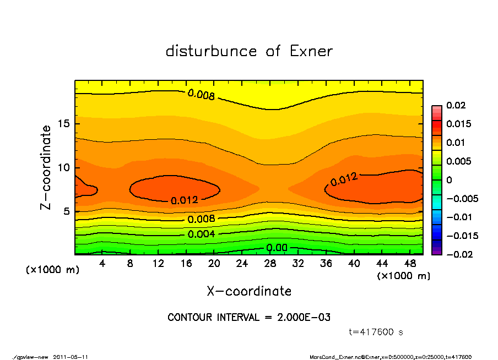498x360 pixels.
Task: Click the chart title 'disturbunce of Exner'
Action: (249, 52)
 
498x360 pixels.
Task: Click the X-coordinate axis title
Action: (249, 291)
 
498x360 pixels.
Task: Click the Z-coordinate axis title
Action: (46, 167)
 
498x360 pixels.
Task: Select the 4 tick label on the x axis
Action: (102, 264)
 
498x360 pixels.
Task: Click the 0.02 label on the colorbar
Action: (456, 105)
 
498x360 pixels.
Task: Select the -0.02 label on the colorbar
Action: (458, 254)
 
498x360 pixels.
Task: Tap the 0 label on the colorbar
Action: (449, 180)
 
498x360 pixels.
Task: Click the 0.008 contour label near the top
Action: (201, 95)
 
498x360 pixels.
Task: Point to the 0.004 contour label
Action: (201, 234)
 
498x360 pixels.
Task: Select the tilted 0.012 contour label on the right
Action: (344, 179)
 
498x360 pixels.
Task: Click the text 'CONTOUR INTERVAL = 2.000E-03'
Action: (249, 318)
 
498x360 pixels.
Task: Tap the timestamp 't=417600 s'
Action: (376, 332)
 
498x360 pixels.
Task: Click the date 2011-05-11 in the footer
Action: (71, 357)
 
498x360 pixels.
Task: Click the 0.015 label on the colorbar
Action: (458, 124)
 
